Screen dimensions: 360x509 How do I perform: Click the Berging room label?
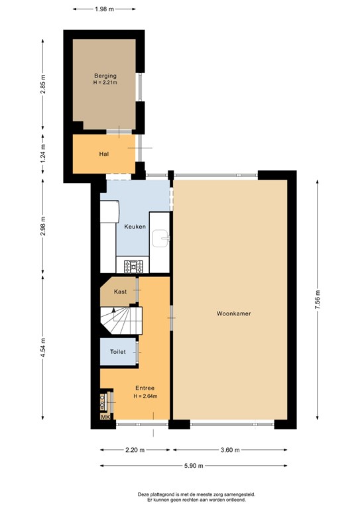[105, 76]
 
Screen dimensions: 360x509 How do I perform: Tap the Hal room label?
[104, 154]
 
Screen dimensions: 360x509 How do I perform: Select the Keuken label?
[135, 227]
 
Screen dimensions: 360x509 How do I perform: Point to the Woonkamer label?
[234, 313]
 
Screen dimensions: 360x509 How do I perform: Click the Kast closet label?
[120, 292]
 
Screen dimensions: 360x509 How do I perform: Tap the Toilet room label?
[118, 351]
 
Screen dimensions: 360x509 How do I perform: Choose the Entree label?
[145, 388]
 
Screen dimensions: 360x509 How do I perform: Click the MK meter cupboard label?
[105, 417]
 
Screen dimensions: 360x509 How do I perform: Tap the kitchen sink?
[160, 239]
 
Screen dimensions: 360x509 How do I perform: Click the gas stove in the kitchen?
[133, 266]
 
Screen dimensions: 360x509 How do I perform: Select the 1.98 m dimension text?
[105, 9]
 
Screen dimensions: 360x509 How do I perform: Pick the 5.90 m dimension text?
[194, 466]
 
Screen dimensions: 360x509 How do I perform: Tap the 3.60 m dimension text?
[230, 450]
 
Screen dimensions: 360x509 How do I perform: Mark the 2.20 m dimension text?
[135, 450]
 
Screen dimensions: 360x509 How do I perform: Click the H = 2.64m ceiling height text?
[145, 396]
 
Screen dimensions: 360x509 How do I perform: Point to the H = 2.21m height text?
[105, 82]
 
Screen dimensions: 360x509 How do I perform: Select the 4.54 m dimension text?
[42, 348]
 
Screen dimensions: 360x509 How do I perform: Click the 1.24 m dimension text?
[42, 153]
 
